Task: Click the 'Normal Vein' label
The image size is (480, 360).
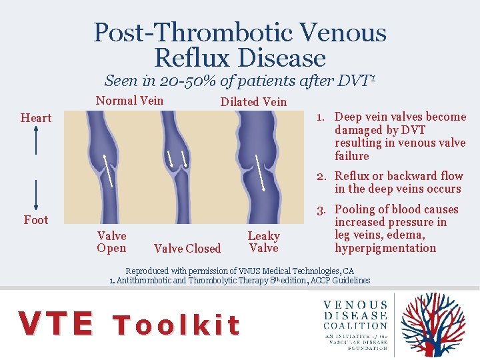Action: click(130, 101)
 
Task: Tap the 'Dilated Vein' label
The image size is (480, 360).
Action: click(253, 102)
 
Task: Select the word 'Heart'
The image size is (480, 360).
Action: click(36, 118)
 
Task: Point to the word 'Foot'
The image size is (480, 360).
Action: click(36, 219)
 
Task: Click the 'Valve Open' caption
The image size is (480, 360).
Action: click(111, 242)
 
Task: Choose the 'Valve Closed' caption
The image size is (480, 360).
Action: click(187, 249)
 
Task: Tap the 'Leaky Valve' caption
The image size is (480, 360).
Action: click(263, 242)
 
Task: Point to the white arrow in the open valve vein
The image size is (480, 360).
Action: click(107, 169)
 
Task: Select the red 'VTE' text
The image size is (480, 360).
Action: click(57, 324)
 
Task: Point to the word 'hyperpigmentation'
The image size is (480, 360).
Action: click(385, 248)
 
